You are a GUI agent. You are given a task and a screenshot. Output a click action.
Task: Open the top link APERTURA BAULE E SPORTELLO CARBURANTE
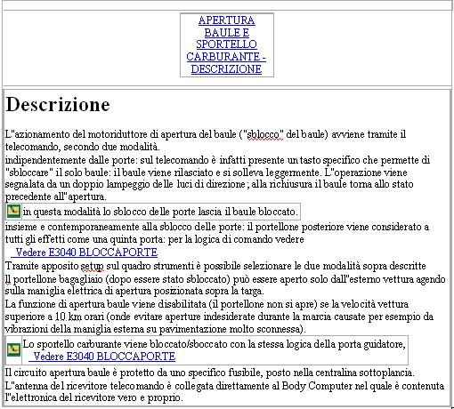[226, 44]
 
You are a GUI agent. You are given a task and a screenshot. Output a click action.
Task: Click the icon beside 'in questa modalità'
[13, 211]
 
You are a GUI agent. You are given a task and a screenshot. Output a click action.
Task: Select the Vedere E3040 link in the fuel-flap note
[104, 356]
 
